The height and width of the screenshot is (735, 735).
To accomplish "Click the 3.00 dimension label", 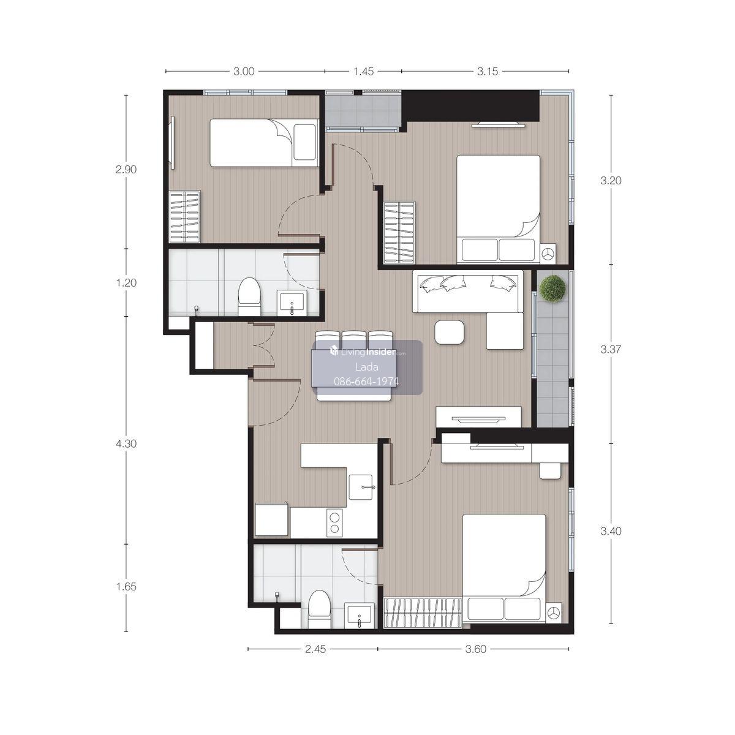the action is (244, 71).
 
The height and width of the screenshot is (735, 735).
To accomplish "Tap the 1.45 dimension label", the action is (363, 71).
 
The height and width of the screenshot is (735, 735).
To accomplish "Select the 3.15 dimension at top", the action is (488, 71).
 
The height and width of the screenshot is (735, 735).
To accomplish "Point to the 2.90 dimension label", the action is (126, 169).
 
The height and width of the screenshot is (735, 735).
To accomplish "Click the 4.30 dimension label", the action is (126, 443).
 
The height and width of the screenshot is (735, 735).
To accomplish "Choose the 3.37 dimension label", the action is (611, 349).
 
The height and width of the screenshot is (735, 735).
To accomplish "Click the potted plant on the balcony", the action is (552, 288).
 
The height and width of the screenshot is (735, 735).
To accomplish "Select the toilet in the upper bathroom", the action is (249, 296).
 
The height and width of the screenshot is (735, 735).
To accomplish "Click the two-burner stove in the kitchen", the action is (335, 523).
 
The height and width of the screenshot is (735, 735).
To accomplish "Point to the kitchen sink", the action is (360, 487).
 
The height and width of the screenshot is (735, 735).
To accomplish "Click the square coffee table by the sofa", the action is (450, 332).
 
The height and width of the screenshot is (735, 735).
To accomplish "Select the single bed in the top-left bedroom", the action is (265, 143).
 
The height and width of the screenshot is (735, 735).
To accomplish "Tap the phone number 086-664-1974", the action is (366, 382).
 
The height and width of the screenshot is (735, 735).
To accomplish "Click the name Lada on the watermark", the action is (366, 367).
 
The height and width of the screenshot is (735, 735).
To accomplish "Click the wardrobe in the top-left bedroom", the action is (185, 216).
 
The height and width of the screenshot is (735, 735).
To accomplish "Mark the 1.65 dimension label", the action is (126, 587).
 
